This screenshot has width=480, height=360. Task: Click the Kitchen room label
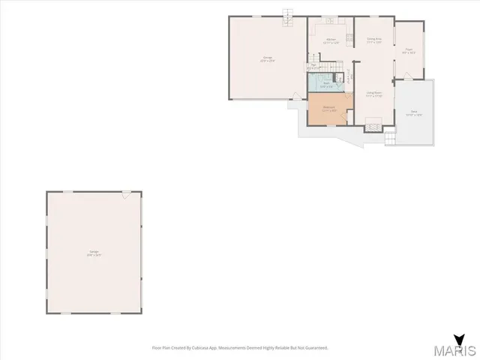(326, 42)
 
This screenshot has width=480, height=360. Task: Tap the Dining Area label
(374, 40)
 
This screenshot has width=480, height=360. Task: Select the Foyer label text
(409, 51)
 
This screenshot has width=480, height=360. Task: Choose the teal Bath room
(327, 83)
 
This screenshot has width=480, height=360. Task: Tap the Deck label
(414, 113)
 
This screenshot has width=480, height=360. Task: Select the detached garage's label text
(94, 252)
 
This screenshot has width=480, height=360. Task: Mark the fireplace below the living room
(372, 127)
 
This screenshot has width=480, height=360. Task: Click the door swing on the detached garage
(126, 194)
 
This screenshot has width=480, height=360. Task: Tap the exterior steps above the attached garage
(286, 16)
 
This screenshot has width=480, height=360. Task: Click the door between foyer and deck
(406, 76)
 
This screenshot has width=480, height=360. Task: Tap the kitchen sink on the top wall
(327, 19)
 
